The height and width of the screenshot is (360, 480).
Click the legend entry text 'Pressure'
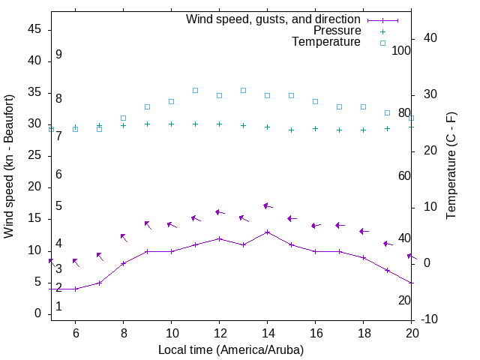[x=337, y=31]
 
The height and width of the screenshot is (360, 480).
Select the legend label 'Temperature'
[x=326, y=42]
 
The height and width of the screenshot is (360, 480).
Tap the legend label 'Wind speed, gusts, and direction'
[x=274, y=19]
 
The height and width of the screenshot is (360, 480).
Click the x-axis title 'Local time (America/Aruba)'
[x=231, y=349]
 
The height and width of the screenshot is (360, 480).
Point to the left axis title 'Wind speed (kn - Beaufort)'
[x=9, y=166]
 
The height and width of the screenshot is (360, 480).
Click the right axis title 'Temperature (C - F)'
[x=451, y=166]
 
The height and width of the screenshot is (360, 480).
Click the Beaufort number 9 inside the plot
[x=58, y=55]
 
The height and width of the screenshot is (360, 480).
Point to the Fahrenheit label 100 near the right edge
[x=401, y=50]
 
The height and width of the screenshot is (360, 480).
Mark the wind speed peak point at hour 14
[x=267, y=232]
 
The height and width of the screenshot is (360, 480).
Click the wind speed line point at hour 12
[x=219, y=238]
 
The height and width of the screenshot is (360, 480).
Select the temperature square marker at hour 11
[x=195, y=90]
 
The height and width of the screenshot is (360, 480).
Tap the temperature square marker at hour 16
[x=315, y=101]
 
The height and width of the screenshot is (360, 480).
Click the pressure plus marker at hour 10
[x=171, y=124]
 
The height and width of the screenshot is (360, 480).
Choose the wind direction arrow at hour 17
[x=340, y=225]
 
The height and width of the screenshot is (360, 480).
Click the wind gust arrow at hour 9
[x=148, y=224]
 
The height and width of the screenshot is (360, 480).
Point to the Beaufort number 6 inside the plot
[x=58, y=174]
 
